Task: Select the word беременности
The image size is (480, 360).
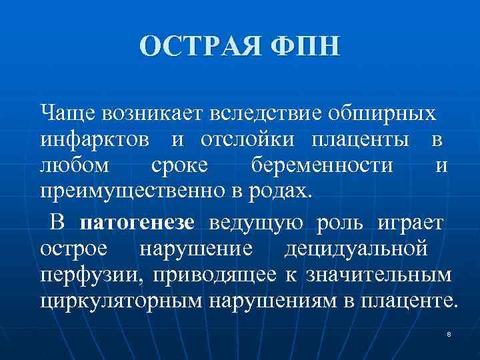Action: (x=323, y=165)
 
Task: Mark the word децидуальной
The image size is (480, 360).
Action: (x=355, y=247)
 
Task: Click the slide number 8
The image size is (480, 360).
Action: (x=449, y=333)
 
